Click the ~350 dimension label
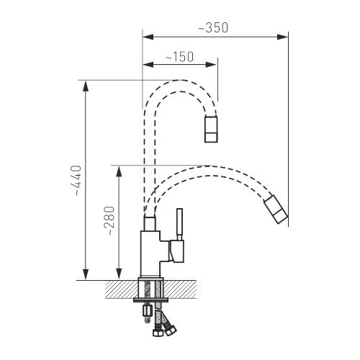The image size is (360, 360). point(213,28)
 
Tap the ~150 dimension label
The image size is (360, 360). point(179,57)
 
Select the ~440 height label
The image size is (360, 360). point(78,181)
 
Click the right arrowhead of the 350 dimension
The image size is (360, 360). point(282,37)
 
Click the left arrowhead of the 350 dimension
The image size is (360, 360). point(148,37)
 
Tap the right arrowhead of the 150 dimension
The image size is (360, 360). point(211,65)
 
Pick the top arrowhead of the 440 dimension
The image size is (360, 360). point(86,86)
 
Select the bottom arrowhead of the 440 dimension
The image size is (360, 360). point(86,274)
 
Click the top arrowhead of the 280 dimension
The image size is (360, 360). point(119,171)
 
